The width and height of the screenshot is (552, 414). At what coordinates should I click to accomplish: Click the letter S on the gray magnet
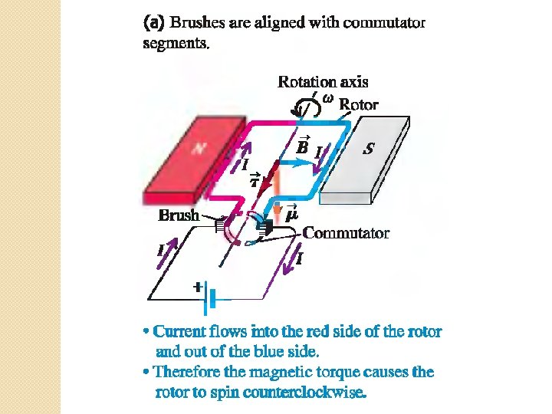pos(369,149)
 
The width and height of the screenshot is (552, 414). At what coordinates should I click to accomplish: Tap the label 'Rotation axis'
pos(323,81)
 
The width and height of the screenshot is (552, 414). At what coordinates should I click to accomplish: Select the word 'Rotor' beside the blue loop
pos(358,104)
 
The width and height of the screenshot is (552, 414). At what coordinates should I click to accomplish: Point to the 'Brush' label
pos(178,215)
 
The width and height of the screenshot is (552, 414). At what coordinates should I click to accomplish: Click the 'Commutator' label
pos(346,232)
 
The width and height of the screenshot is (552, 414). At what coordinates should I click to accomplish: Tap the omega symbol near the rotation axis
pos(328,98)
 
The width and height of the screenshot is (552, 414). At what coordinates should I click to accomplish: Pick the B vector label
pos(303,146)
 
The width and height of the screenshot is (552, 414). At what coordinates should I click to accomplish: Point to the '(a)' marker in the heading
pos(153,23)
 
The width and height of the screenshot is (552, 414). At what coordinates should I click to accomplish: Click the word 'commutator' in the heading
pos(386,23)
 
